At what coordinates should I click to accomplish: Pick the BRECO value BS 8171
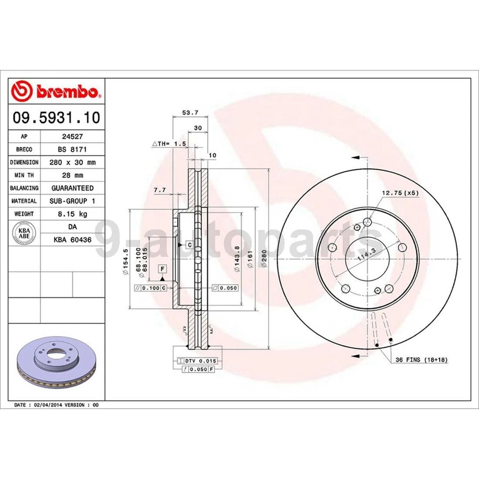pyautogui.click(x=72, y=149)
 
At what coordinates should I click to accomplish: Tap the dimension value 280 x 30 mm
pyautogui.click(x=72, y=162)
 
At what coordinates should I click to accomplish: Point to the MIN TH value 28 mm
pyautogui.click(x=72, y=175)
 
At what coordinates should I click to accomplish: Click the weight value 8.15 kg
pyautogui.click(x=72, y=214)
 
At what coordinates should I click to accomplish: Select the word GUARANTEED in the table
pyautogui.click(x=72, y=188)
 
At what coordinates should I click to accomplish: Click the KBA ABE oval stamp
pyautogui.click(x=24, y=234)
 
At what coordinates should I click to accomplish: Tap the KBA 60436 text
pyautogui.click(x=72, y=240)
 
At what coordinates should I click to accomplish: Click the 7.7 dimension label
pyautogui.click(x=159, y=190)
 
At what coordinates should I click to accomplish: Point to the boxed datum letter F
pyautogui.click(x=162, y=269)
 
